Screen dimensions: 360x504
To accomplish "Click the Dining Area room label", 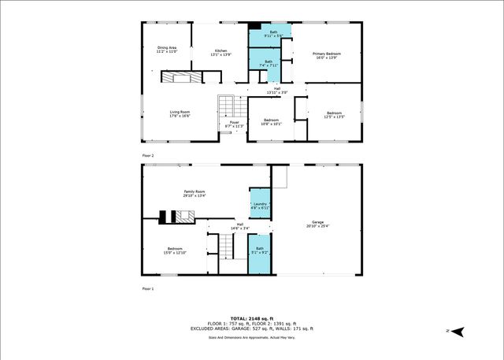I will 167,49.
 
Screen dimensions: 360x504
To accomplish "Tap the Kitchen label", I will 220,51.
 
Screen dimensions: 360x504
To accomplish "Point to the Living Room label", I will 180,112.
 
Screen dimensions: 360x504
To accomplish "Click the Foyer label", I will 234,122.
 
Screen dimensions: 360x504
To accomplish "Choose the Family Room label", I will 195,192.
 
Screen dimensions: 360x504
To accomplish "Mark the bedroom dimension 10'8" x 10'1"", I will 271,123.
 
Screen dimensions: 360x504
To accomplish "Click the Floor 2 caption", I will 148,156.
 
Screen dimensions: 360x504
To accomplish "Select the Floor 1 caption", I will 148,289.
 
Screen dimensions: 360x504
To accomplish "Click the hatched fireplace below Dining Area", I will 181,77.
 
